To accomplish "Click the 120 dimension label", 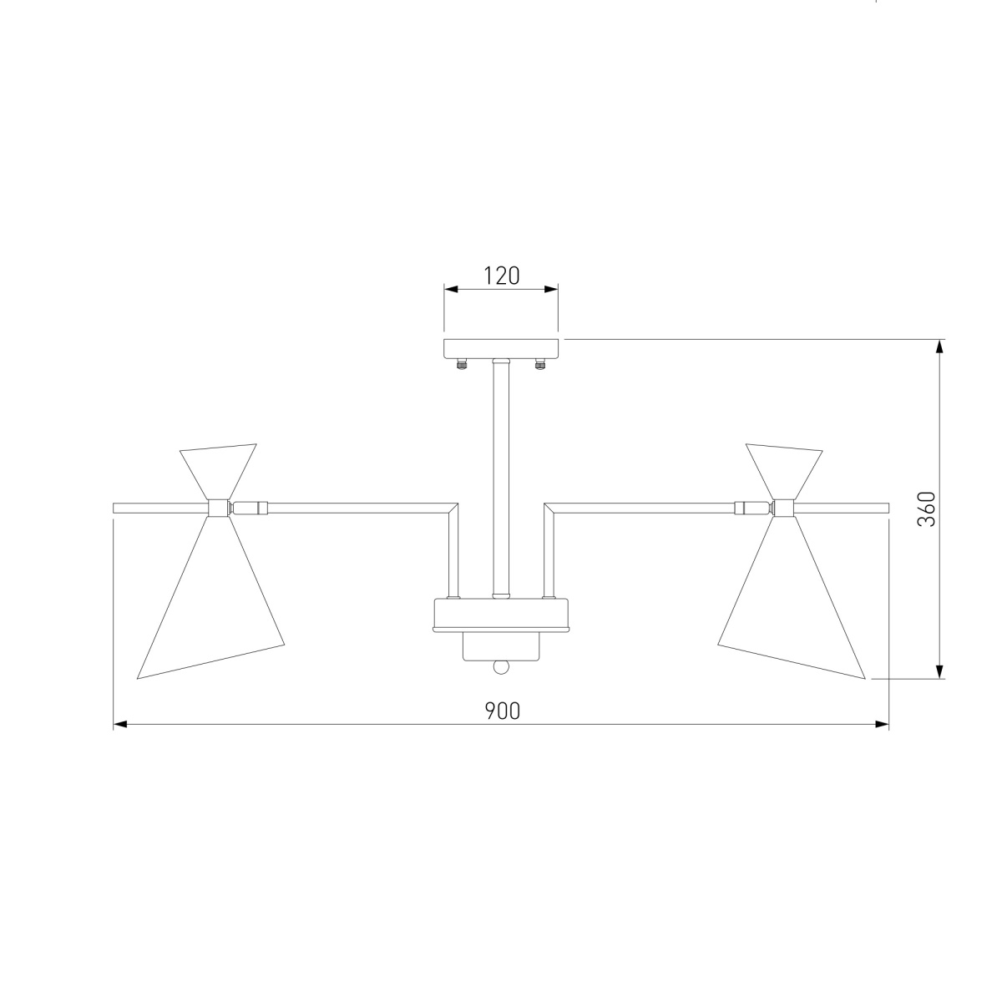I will coord(501,276).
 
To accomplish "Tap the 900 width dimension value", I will coord(502,711).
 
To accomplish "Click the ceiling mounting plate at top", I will coord(501,348).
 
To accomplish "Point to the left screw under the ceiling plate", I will coord(460,364).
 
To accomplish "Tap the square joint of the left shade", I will coord(219,508).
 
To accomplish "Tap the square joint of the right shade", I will coord(783,508).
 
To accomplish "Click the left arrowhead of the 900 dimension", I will coord(119,725).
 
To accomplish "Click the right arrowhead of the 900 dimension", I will coord(882,725).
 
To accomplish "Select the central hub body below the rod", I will coord(501,615).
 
